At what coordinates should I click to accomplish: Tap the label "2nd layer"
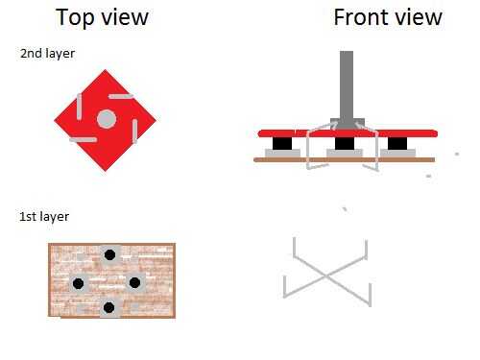(47, 54)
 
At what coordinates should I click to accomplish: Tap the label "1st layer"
(44, 217)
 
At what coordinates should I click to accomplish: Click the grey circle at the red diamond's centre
(107, 119)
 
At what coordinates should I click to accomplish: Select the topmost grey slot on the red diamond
(121, 96)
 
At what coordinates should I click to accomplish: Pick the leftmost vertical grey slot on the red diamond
(79, 107)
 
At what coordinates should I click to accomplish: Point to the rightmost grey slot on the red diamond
(135, 131)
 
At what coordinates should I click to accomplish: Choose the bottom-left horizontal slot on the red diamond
(83, 140)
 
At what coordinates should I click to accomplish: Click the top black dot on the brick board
(109, 254)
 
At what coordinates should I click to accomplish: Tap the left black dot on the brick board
(78, 283)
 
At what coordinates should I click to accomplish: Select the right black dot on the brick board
(134, 282)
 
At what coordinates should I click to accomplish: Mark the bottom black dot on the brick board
(109, 307)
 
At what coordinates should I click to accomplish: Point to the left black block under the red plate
(282, 143)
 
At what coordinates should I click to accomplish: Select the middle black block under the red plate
(345, 143)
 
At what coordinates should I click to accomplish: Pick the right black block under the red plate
(397, 143)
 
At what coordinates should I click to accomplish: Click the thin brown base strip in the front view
(345, 159)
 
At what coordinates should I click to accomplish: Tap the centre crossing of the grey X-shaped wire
(326, 276)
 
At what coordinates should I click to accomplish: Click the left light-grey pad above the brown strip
(283, 153)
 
